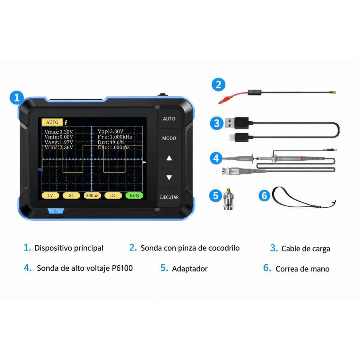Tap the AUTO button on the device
coord(169,119)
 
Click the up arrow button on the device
coord(169,158)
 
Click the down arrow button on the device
coord(169,178)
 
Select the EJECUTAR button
coord(169,197)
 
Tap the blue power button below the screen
coord(56,211)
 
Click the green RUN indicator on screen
coord(134,195)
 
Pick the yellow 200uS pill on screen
coord(92,195)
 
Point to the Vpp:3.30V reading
coord(110,131)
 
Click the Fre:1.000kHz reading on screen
coord(115,137)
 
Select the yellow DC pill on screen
coord(113,195)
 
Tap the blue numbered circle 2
coord(218,84)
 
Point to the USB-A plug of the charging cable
coord(237,123)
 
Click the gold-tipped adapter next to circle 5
coord(229,199)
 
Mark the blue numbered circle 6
coord(264,195)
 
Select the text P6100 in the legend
coord(122,268)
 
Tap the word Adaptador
coord(189,269)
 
